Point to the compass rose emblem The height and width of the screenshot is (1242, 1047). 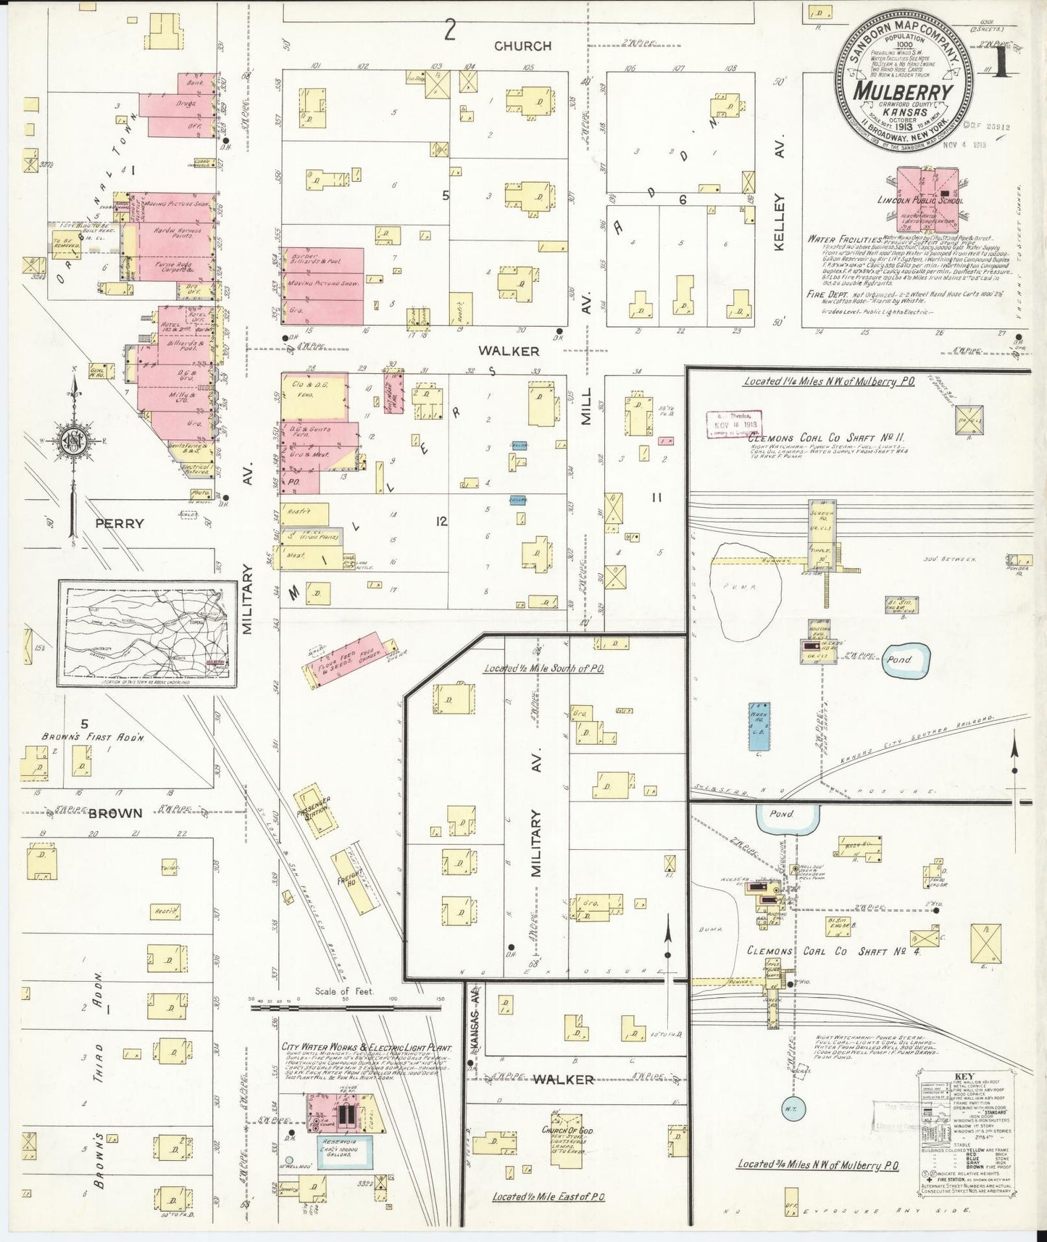pos(75,441)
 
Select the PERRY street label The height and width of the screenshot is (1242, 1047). pos(120,523)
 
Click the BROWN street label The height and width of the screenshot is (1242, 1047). pos(116,813)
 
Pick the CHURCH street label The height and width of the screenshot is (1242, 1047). pos(522,46)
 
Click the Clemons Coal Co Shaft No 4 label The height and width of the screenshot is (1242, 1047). pos(833,951)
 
